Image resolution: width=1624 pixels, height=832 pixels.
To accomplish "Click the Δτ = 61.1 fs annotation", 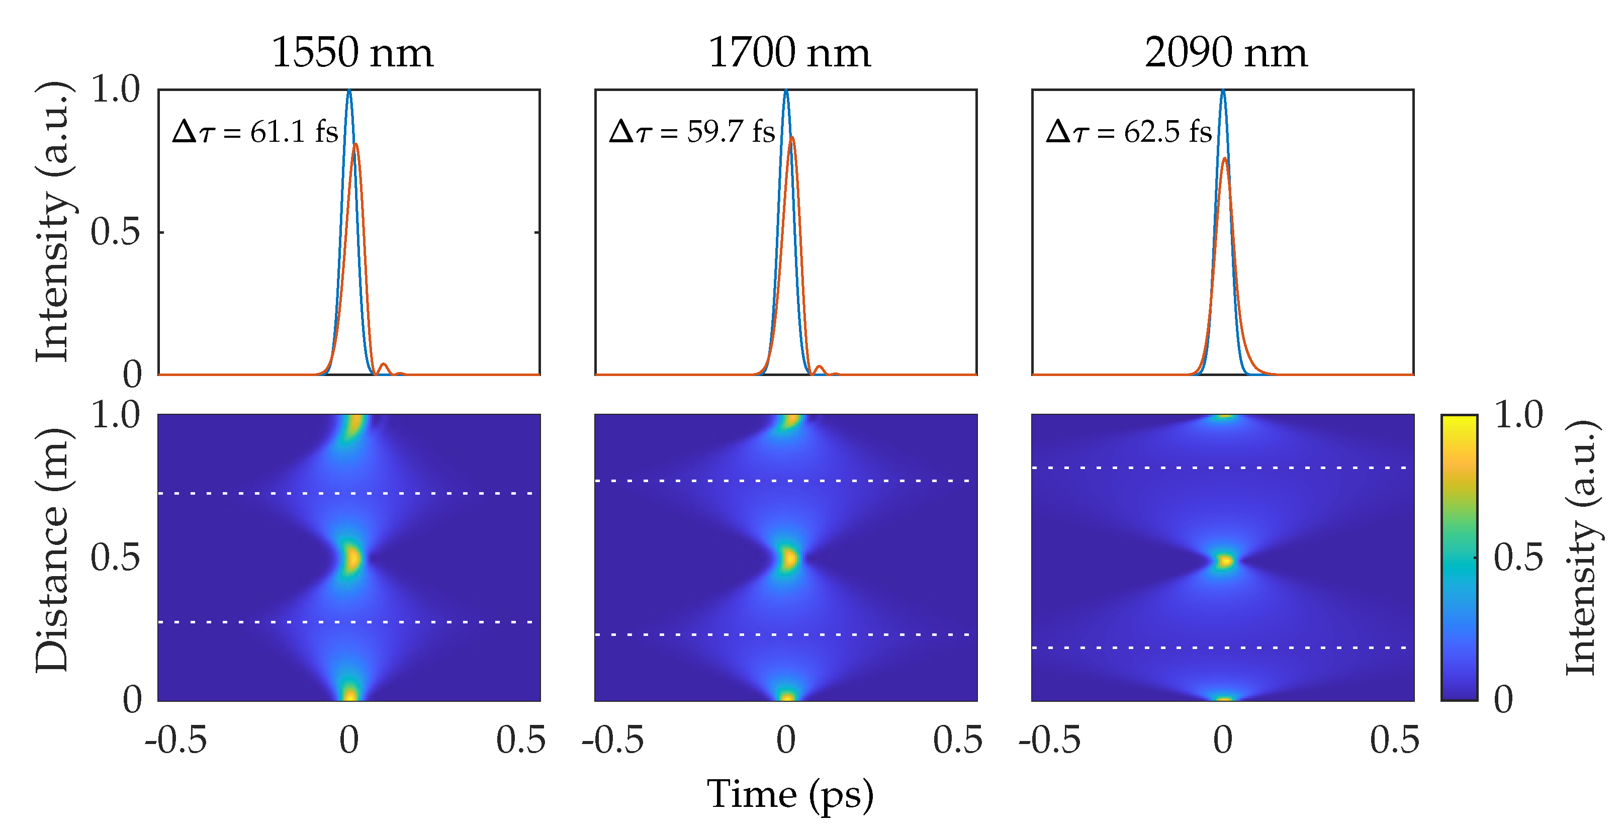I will click(255, 132).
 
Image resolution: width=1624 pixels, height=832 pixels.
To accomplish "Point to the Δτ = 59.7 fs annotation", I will click(692, 132).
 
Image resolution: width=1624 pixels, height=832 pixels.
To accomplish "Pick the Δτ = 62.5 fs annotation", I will click(1128, 132).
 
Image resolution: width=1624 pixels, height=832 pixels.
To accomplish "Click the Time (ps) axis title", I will click(790, 794).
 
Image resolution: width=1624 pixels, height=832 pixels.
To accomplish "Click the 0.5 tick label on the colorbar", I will click(1518, 557).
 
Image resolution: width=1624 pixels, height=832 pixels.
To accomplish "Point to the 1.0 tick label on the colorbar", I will click(1518, 415).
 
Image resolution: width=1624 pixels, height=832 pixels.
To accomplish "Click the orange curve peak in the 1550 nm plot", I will click(356, 144).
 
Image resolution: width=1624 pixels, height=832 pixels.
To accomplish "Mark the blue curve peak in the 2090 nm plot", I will click(1223, 91).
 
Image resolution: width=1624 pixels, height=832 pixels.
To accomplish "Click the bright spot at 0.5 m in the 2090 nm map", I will click(1224, 561).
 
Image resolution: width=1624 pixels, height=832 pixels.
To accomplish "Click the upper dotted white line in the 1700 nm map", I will click(785, 481).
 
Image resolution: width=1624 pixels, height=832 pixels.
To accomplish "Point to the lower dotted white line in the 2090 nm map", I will click(1223, 648).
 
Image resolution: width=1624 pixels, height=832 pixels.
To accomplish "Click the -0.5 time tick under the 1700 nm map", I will click(613, 741).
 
